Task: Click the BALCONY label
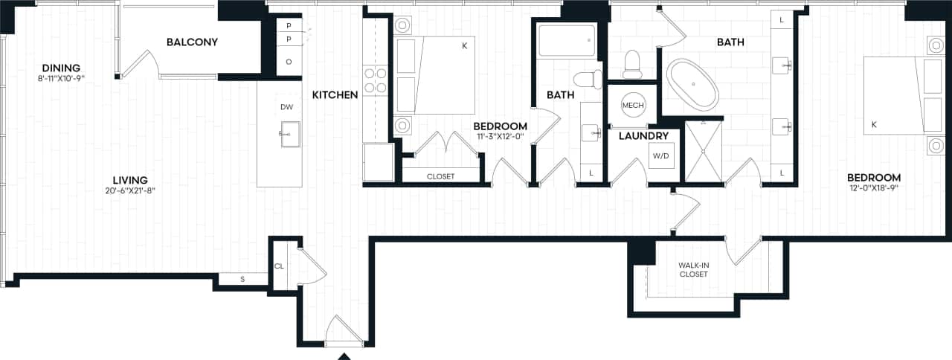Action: tap(192, 42)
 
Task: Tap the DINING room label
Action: tap(61, 68)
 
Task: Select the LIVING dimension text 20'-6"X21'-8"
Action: tap(130, 190)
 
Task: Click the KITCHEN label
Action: tap(335, 94)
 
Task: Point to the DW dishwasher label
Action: tap(287, 107)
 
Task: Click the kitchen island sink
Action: tap(289, 134)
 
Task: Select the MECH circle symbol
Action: tap(632, 105)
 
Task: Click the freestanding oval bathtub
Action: tap(692, 84)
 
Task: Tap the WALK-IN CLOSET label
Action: tap(693, 270)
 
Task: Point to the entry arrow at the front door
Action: tap(344, 356)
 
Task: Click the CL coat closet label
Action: tap(279, 266)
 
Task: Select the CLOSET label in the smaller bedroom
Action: tap(440, 176)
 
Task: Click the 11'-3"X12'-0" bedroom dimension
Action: tap(500, 137)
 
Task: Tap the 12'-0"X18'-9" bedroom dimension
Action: tap(874, 189)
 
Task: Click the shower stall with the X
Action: tap(703, 152)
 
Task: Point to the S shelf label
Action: tap(242, 280)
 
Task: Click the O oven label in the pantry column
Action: tap(289, 61)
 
